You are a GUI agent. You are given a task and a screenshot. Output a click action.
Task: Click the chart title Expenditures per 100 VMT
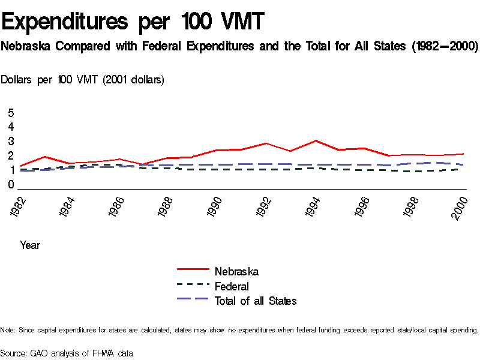133,22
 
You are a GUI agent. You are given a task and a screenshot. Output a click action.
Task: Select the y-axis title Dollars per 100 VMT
83,79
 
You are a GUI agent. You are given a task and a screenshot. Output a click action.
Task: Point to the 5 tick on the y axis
11,113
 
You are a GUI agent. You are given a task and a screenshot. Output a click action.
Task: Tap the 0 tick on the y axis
11,185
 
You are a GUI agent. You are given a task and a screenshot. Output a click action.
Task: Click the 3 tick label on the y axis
11,142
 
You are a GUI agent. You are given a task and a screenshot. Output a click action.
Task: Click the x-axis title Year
30,245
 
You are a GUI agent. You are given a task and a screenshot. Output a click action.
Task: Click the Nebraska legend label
236,272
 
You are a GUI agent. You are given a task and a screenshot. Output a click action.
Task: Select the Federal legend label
232,286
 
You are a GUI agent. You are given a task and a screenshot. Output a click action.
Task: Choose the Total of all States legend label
256,301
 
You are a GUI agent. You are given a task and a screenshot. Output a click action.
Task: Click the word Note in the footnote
8,330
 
